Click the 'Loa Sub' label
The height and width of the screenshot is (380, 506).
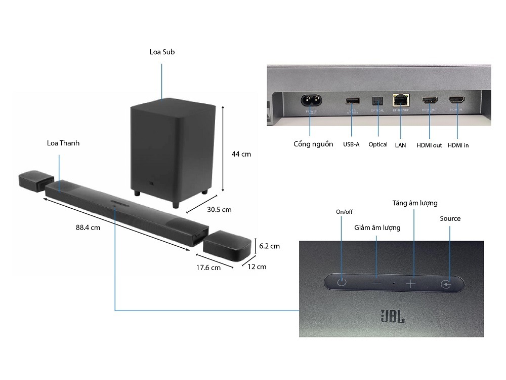162,52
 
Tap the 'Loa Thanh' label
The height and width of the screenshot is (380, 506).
63,143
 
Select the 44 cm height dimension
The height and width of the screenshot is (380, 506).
241,154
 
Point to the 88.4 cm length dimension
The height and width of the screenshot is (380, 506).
88,227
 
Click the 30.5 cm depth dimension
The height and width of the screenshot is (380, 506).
219,209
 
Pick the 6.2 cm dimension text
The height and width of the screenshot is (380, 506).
269,246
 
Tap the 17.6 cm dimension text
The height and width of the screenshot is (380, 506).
208,268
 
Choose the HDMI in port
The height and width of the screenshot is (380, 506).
456,100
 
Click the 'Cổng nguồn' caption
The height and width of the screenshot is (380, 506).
313,144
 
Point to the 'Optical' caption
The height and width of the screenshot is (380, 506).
378,144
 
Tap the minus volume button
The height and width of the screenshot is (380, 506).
376,284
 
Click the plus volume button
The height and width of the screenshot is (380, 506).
410,284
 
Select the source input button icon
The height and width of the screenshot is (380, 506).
444,284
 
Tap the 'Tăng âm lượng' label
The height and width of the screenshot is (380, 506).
415,203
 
